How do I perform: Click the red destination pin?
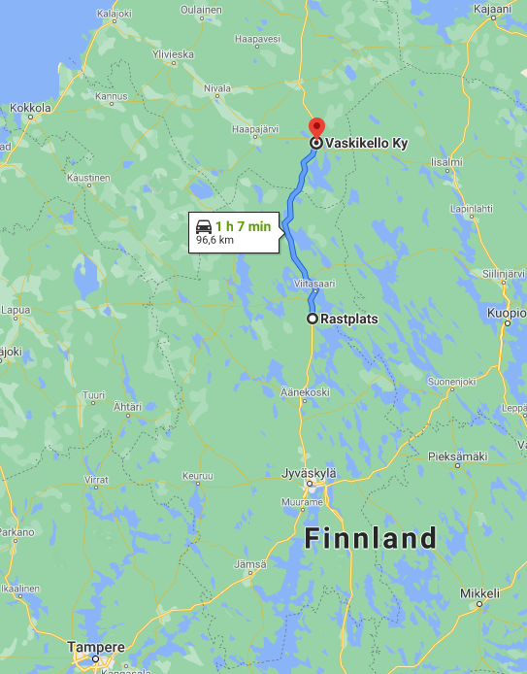tap(316, 127)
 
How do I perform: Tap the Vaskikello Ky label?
tap(365, 142)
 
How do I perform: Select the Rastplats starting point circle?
tap(312, 319)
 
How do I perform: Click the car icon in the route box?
tap(204, 225)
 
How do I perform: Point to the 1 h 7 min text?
tap(243, 225)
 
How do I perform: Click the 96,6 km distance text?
tap(214, 239)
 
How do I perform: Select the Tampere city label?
tap(96, 647)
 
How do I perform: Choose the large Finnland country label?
tap(371, 538)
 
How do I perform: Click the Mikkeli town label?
tap(479, 592)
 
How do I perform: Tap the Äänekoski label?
tap(306, 391)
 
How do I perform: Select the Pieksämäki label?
tap(457, 455)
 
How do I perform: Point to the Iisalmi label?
tap(446, 161)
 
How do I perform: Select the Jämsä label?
tap(249, 563)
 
